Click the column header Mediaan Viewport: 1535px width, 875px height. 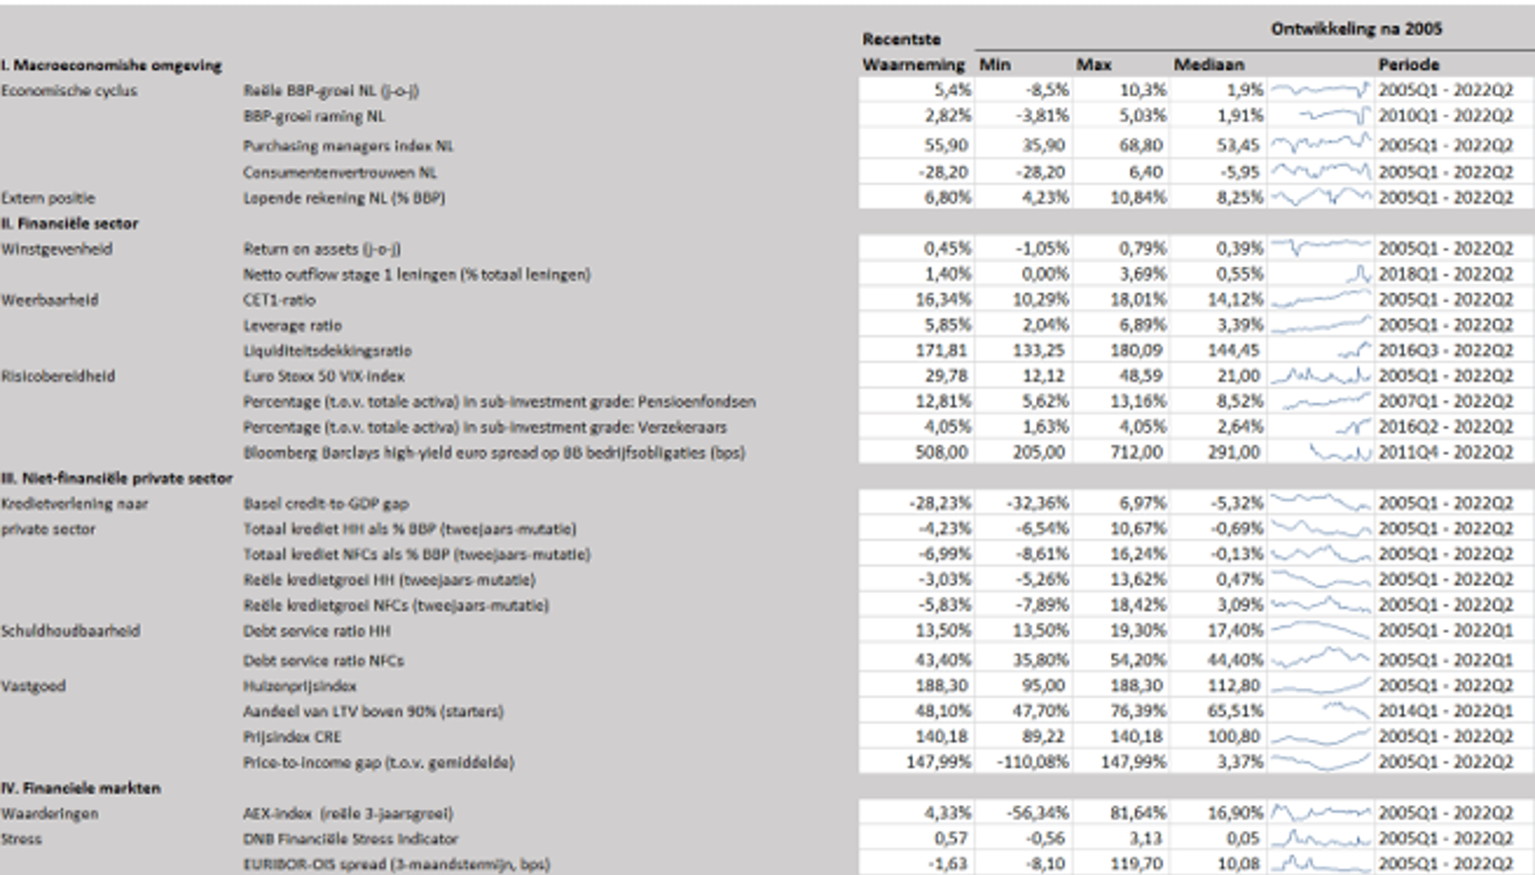point(1208,64)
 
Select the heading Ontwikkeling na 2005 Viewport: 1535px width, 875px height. point(1356,29)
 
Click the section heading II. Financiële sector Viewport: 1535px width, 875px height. point(69,224)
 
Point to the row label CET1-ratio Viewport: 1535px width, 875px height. point(278,300)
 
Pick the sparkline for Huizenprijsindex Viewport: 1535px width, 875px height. point(1320,686)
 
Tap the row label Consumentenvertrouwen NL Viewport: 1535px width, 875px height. point(340,173)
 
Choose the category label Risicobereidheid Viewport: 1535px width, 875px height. point(58,376)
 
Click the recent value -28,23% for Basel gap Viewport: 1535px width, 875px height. point(939,504)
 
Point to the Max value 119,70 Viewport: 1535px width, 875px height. point(1138,863)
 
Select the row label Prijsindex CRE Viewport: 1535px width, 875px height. point(292,737)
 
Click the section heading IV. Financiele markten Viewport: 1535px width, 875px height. point(81,788)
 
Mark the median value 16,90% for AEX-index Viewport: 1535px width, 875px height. point(1235,814)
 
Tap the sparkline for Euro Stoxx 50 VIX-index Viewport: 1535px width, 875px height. point(1320,376)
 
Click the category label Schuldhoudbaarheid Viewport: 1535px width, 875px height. point(70,631)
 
